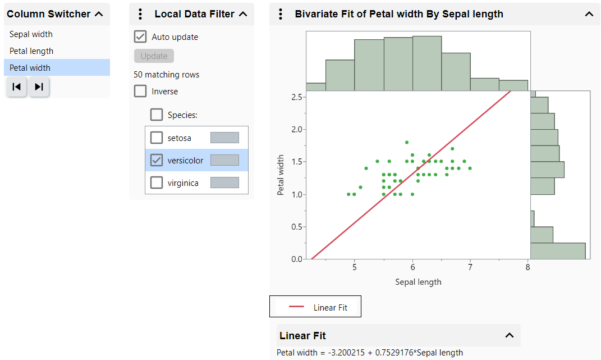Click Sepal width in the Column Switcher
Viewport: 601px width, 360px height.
(31, 34)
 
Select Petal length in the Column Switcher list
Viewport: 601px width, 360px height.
(31, 51)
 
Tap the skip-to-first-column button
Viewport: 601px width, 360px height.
(17, 86)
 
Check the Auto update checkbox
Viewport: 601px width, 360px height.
(140, 37)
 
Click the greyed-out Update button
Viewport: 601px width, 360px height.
(154, 56)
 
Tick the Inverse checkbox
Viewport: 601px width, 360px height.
(140, 92)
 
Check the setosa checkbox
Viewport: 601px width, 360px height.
(157, 138)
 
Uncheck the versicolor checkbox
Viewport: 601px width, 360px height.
(157, 160)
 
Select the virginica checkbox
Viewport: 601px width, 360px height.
(157, 183)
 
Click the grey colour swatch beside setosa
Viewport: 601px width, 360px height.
(224, 138)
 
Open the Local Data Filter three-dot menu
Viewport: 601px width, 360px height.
(140, 14)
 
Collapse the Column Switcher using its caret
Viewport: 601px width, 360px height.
(99, 14)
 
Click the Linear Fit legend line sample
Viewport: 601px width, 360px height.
(296, 307)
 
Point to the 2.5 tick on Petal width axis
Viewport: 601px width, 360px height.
(297, 97)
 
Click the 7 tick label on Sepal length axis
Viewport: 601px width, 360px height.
(470, 268)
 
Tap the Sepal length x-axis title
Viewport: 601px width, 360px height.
(418, 282)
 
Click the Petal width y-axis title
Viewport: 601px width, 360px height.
(281, 175)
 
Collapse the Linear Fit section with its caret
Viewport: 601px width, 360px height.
(510, 335)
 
